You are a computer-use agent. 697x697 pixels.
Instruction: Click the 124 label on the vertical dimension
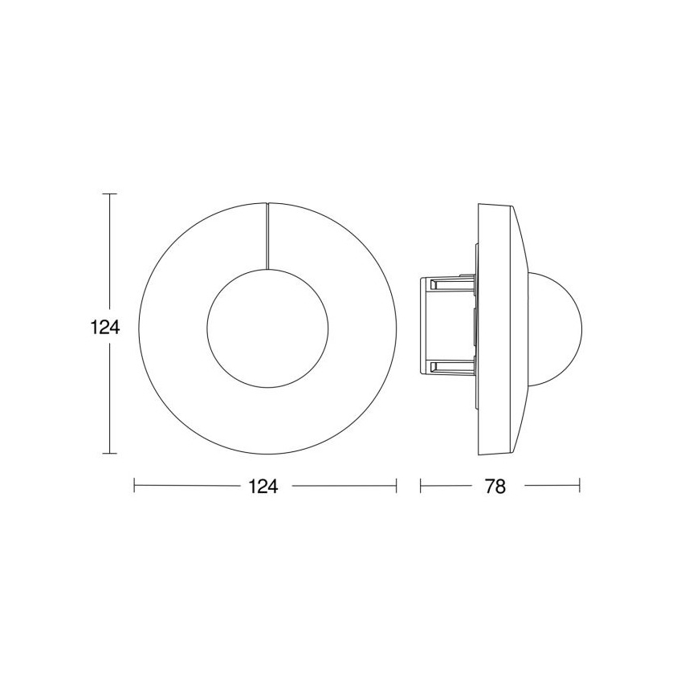pos(105,327)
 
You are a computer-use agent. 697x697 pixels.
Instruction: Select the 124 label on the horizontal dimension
pos(264,487)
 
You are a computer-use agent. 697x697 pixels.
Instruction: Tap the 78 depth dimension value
pos(495,487)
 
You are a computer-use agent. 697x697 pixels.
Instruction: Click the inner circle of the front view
pos(267,327)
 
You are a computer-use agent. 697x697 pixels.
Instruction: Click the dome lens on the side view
pos(557,327)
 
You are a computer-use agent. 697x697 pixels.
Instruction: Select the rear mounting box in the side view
pos(446,327)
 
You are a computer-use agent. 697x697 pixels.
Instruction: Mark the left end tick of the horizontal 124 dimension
pos(134,486)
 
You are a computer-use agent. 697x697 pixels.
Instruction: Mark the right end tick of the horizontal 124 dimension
pos(397,486)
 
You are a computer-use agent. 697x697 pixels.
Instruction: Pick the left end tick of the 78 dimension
pos(421,486)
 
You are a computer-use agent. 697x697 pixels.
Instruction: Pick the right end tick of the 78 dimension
pos(579,486)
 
